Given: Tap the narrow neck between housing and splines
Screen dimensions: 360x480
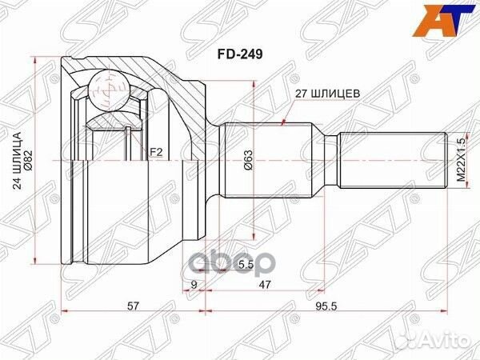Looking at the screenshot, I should click(213, 160).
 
